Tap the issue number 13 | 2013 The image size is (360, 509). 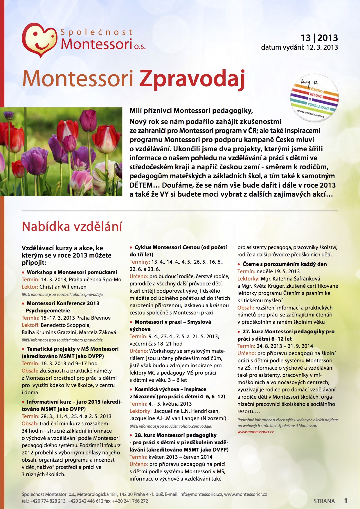click(x=319, y=38)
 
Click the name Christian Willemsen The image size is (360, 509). click(x=63, y=287)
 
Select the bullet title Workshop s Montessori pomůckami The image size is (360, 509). click(x=72, y=272)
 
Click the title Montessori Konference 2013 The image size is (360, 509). click(x=63, y=303)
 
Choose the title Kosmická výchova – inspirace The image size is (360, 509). click(x=170, y=389)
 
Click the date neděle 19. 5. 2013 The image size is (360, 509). click(x=278, y=271)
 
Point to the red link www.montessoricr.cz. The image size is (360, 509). click(x=256, y=432)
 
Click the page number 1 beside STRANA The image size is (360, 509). click(x=346, y=501)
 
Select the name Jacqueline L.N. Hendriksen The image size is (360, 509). click(x=187, y=411)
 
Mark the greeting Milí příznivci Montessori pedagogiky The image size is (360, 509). click(x=191, y=111)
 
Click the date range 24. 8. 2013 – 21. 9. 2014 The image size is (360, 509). click(x=285, y=346)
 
